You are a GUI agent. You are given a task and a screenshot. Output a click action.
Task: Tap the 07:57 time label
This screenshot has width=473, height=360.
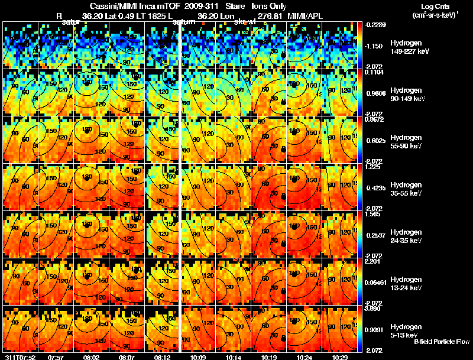56,357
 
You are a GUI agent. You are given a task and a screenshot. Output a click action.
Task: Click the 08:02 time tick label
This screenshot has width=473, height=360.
92,357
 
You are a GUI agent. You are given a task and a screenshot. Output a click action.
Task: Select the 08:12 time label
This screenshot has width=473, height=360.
162,357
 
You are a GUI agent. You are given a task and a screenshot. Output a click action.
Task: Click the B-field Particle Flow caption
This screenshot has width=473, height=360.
442,342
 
